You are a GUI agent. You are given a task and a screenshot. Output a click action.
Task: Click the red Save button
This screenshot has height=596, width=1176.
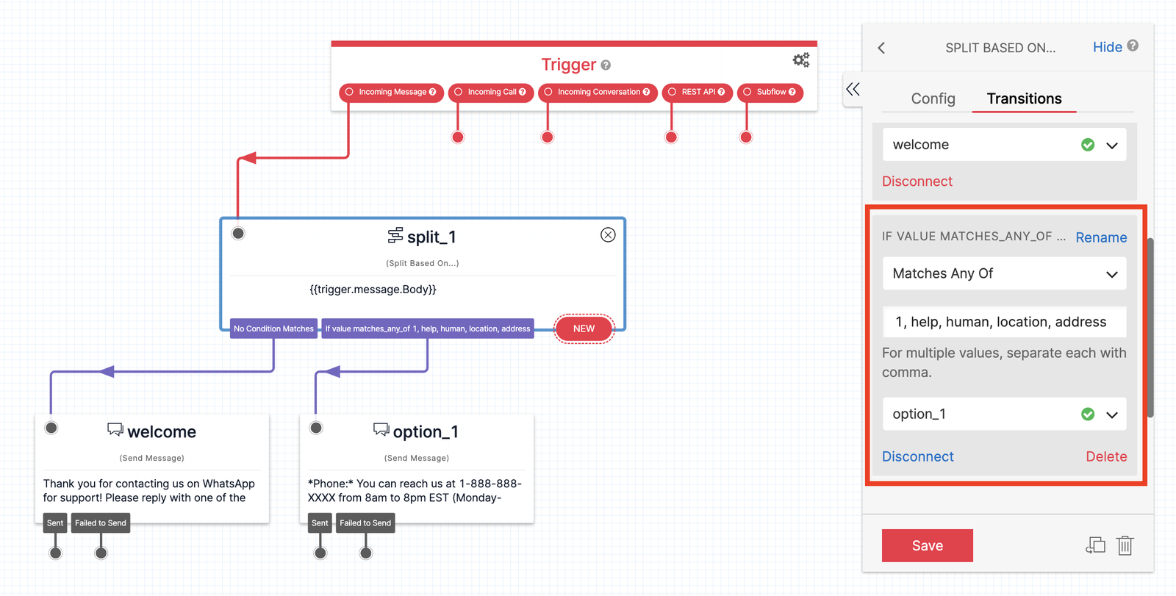927,545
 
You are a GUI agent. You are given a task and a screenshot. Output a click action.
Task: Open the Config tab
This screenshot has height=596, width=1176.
933,98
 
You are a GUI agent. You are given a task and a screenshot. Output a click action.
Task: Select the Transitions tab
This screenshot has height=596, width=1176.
1024,98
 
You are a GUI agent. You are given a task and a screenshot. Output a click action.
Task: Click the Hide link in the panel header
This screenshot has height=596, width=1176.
1107,47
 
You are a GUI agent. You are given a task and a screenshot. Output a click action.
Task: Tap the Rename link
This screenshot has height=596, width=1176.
1100,237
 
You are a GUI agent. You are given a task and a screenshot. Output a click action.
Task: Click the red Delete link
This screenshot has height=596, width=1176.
1105,456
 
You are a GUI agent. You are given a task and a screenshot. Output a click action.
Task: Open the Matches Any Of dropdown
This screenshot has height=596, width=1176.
1004,273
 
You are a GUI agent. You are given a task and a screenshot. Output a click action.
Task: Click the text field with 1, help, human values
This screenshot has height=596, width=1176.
1004,322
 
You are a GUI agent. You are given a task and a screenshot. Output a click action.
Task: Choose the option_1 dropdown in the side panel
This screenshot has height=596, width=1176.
1004,414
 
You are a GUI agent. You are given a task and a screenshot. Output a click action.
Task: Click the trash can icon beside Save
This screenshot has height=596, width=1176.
1125,545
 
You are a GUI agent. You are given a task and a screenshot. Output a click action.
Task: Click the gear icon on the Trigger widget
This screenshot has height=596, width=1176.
800,60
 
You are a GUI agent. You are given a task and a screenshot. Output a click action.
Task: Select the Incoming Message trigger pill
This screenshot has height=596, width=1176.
391,93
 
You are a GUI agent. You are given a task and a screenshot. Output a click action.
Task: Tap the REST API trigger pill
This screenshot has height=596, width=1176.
697,93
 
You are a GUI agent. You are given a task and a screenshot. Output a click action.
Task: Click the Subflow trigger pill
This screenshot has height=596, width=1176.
770,93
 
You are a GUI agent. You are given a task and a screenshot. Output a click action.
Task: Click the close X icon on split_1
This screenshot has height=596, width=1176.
608,235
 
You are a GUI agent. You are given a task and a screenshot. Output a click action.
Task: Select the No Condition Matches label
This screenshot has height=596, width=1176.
273,328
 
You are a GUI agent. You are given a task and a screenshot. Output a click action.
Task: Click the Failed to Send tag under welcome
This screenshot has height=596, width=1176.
101,523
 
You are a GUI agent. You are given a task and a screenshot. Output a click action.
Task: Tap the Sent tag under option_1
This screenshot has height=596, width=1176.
320,523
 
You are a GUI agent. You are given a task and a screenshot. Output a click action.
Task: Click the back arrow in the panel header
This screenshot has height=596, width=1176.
881,48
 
